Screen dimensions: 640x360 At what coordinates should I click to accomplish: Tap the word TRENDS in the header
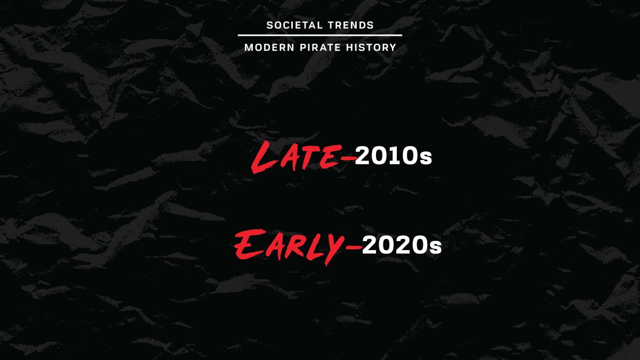pos(351,25)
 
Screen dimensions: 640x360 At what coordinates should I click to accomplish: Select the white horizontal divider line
pos(320,35)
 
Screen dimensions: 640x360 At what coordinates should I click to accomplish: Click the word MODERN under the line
pos(269,47)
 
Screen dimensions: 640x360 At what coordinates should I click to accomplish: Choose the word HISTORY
pos(371,47)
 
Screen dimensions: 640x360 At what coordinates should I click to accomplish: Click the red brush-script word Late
pos(297,157)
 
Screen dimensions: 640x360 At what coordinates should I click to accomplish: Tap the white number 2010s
pos(394,155)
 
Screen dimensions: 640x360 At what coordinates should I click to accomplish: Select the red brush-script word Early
pos(289,246)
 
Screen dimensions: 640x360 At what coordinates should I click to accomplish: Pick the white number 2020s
pos(402,245)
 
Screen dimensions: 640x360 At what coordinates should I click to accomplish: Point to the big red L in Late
pos(261,157)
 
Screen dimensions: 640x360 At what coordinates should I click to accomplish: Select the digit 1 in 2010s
pos(391,155)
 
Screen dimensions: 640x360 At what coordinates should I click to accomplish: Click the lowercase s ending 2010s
pos(426,158)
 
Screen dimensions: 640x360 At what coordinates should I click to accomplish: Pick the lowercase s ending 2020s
pos(436,247)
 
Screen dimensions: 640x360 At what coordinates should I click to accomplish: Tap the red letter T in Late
pos(306,157)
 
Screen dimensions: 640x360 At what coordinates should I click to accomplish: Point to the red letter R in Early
pos(297,247)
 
